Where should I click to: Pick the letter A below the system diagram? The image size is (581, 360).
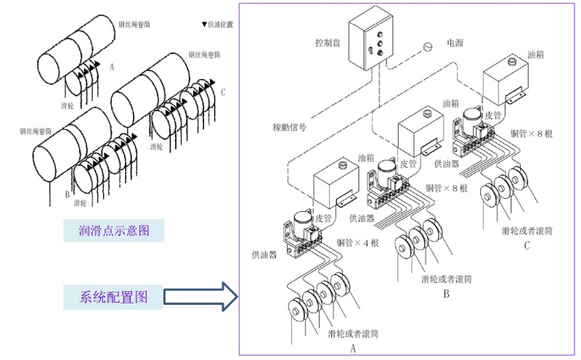(x=354, y=348)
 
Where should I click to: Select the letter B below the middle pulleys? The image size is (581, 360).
(x=447, y=294)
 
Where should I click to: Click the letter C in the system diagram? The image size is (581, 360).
(x=527, y=245)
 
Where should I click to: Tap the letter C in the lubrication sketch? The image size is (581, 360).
(x=223, y=92)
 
